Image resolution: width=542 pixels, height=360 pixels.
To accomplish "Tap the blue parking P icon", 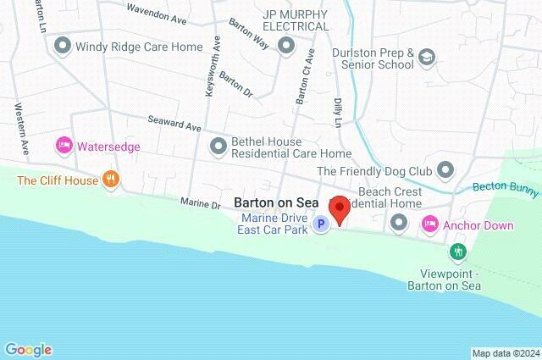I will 320,224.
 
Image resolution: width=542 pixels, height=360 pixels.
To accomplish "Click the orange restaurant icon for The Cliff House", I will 110,179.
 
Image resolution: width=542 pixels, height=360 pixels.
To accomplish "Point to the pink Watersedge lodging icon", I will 64,147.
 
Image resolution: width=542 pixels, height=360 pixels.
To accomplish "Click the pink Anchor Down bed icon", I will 430,224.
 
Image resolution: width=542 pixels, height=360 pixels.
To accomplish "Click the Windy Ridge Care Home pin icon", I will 62,47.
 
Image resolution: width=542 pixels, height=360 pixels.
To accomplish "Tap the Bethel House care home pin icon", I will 218,147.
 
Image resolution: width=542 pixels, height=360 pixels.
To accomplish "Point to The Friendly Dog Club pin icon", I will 446,171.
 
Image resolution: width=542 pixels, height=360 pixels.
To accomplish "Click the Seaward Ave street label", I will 174,124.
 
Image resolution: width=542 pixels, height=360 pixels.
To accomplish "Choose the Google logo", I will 28,350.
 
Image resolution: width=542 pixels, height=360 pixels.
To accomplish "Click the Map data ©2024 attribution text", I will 506,353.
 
